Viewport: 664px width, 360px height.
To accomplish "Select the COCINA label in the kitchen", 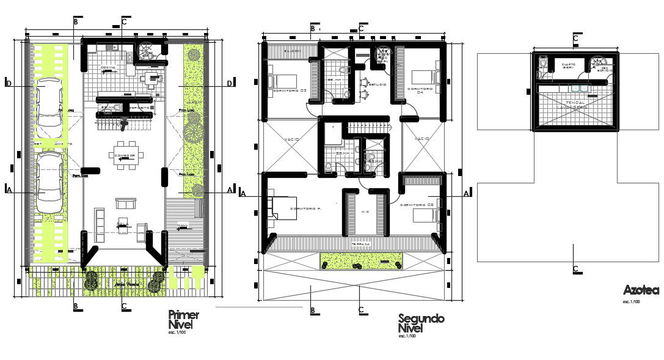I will click(x=108, y=68).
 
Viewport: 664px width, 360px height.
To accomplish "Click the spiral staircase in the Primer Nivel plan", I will click(x=148, y=50).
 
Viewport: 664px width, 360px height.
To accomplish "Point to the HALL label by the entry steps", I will click(x=182, y=226).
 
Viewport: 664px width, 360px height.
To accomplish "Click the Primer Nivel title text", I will click(x=183, y=320).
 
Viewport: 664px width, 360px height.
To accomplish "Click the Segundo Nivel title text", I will click(x=420, y=324).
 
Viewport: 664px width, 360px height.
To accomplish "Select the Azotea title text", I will click(x=640, y=290).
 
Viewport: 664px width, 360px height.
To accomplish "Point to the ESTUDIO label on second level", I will click(x=376, y=84).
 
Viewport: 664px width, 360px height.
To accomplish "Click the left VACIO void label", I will click(x=291, y=140).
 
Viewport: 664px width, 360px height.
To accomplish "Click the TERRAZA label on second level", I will click(x=360, y=244).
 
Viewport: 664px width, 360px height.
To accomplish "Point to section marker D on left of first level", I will click(x=8, y=83).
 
